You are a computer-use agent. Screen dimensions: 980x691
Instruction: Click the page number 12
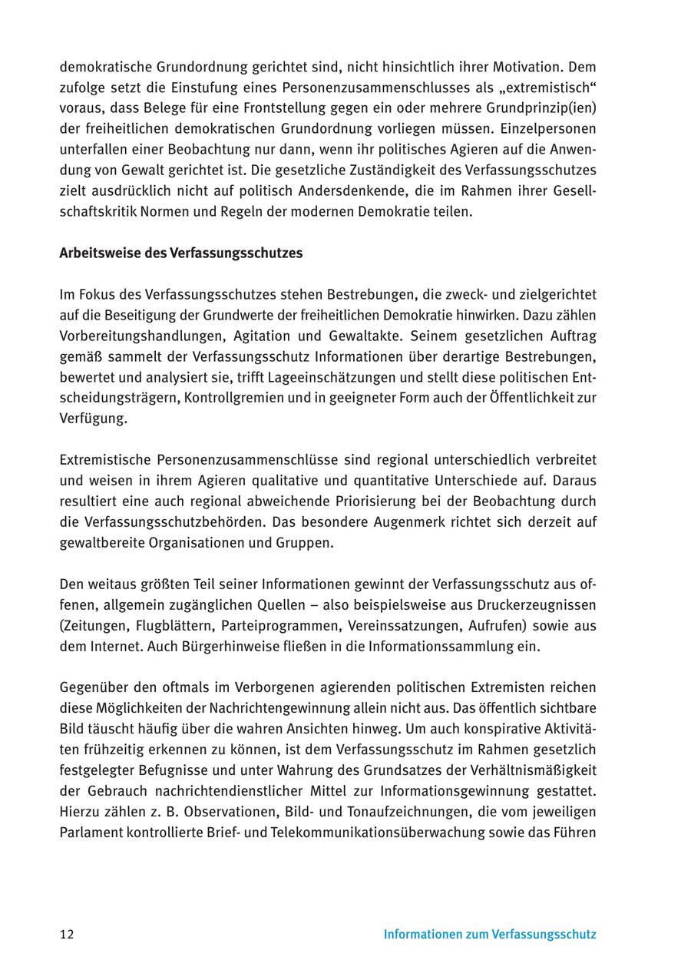pyautogui.click(x=67, y=935)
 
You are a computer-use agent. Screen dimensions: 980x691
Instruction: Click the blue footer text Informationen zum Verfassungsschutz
pyautogui.click(x=490, y=935)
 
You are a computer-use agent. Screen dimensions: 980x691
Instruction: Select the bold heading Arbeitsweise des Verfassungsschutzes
pyautogui.click(x=180, y=253)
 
